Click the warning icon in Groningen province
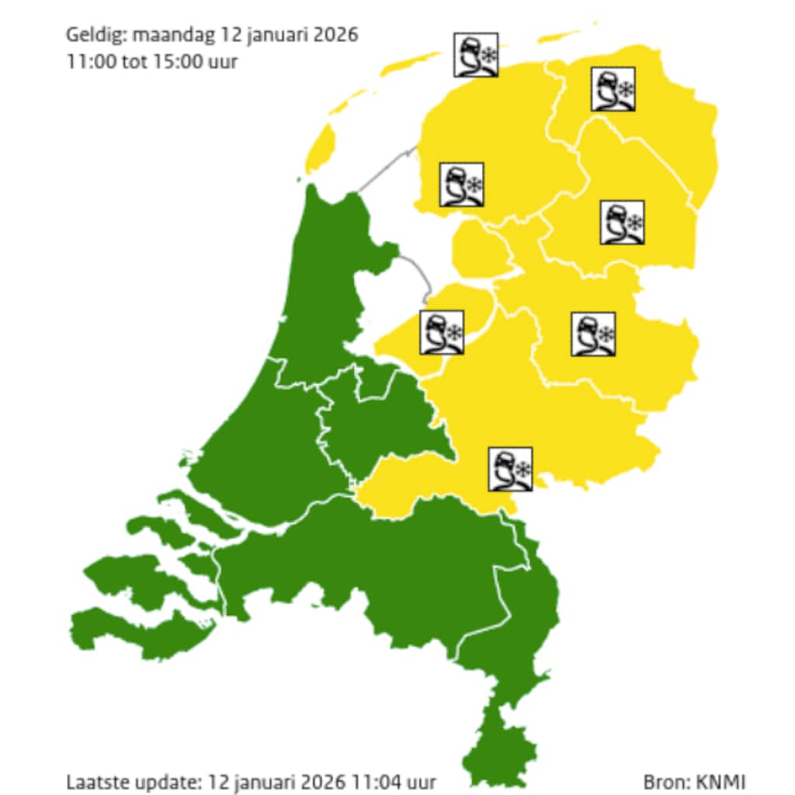pyautogui.click(x=613, y=89)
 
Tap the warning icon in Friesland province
pyautogui.click(x=462, y=185)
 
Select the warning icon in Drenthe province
pyautogui.click(x=622, y=222)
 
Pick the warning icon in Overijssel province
pyautogui.click(x=593, y=335)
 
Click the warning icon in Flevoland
pyautogui.click(x=442, y=332)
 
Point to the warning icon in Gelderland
pyautogui.click(x=510, y=468)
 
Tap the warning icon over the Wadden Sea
pyautogui.click(x=475, y=55)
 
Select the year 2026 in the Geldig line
pyautogui.click(x=334, y=36)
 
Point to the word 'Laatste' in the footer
pyautogui.click(x=95, y=782)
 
